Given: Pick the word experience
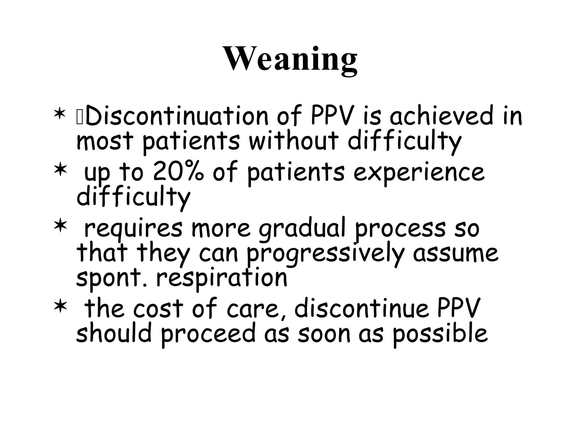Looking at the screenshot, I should pos(419,173).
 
